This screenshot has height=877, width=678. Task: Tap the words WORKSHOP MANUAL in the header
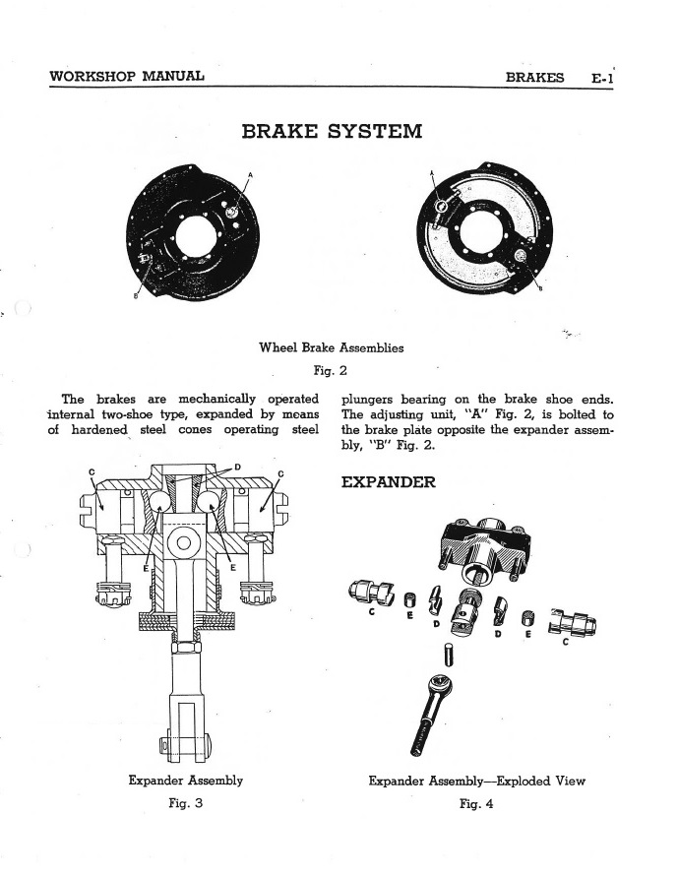(126, 76)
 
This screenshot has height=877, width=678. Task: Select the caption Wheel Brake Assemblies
(331, 347)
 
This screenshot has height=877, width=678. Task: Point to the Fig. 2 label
(331, 371)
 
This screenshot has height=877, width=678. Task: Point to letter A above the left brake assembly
(250, 175)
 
